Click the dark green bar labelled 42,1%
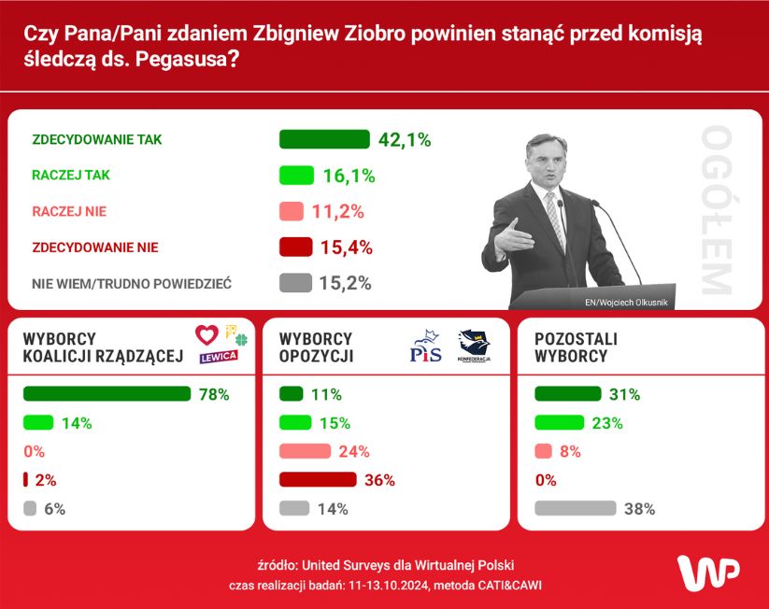click(325, 139)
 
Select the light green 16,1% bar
click(296, 176)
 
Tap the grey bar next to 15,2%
click(295, 283)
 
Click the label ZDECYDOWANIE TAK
click(97, 139)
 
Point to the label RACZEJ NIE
click(69, 211)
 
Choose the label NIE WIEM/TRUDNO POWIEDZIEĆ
click(132, 283)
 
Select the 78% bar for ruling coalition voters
click(106, 394)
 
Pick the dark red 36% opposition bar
click(318, 480)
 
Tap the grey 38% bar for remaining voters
click(575, 509)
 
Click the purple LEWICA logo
click(218, 357)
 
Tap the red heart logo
click(206, 334)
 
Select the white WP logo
click(707, 572)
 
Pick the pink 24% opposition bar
click(305, 451)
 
